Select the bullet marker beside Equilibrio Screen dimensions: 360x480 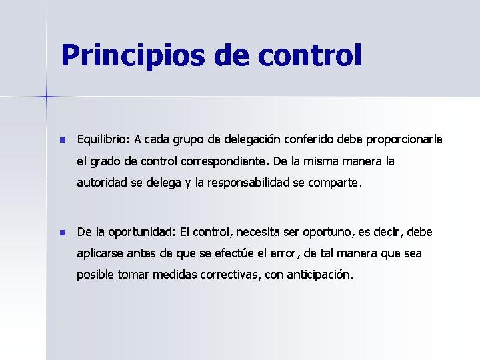(x=62, y=141)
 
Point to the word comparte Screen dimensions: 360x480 (x=335, y=183)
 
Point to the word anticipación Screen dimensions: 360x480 (x=319, y=275)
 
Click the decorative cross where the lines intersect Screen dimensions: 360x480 (x=47, y=97)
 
